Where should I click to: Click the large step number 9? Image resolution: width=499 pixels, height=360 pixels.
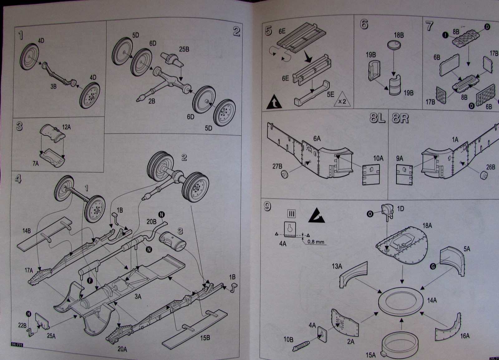[267, 207]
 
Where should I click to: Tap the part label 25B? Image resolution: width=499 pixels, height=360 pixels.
[184, 49]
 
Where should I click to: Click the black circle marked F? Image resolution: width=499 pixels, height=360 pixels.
[90, 281]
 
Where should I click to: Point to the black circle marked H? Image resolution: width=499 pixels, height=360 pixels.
[28, 314]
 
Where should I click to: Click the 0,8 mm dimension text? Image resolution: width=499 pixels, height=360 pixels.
[316, 242]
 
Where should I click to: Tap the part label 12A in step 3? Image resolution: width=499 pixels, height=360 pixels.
[66, 127]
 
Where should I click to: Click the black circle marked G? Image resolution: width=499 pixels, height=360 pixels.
[433, 266]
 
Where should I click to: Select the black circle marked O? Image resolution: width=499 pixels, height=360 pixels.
[370, 214]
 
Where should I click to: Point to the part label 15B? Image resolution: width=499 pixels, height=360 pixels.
[205, 338]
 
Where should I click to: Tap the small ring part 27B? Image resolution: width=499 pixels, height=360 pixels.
[284, 174]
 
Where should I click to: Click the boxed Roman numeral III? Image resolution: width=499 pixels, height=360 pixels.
[292, 214]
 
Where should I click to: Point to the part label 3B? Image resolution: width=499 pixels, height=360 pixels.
[54, 86]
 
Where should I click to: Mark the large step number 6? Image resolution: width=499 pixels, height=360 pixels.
[364, 24]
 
